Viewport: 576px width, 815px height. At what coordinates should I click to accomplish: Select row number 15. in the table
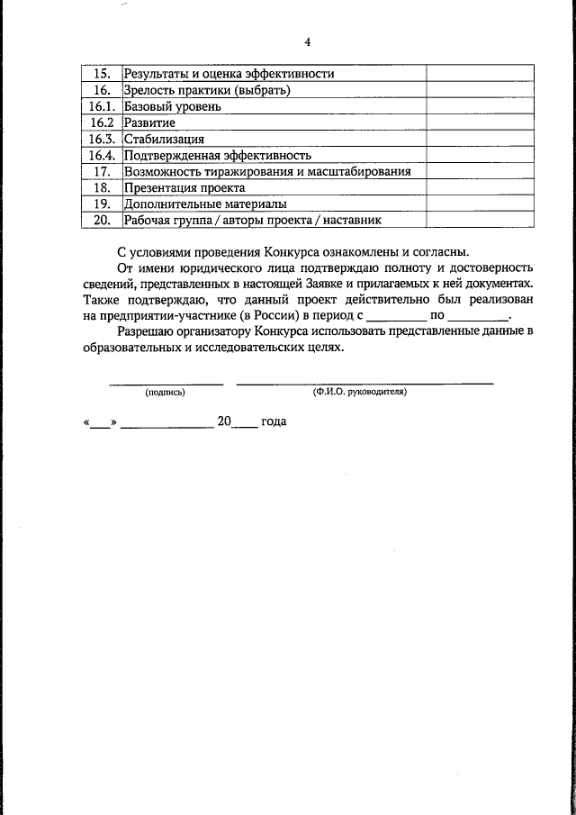point(101,74)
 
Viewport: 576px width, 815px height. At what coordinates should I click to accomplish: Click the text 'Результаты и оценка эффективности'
point(229,74)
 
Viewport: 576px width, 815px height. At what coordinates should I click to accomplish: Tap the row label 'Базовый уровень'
point(173,106)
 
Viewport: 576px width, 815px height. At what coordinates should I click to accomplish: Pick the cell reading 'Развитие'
point(150,122)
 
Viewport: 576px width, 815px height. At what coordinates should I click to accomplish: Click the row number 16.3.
point(101,139)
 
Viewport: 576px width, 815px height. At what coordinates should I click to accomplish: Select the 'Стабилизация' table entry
point(165,139)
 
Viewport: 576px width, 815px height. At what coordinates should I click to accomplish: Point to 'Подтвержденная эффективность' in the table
point(217,155)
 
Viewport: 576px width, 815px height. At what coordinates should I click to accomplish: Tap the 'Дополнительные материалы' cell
point(199,204)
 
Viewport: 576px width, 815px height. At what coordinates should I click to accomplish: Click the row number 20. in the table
point(101,220)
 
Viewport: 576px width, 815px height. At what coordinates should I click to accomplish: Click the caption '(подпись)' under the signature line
point(165,393)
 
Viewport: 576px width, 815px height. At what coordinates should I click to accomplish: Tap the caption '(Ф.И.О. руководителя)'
point(360,393)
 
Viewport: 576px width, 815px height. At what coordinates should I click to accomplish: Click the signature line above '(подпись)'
point(166,383)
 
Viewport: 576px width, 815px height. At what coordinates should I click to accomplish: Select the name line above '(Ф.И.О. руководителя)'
point(364,383)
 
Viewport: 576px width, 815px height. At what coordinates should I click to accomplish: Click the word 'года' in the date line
point(274,421)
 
